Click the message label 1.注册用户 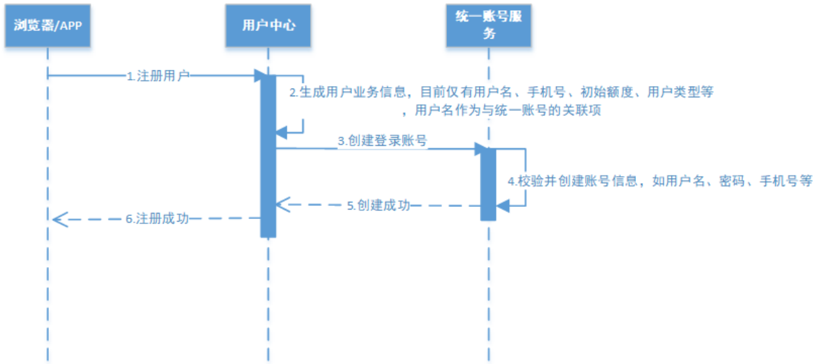point(158,76)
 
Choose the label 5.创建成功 point(378,206)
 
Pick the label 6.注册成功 point(157,219)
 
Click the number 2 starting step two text point(293,92)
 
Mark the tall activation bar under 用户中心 point(268,156)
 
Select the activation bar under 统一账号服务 point(488,184)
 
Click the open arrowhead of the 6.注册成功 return point(58,219)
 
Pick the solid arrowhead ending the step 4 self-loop point(503,205)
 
